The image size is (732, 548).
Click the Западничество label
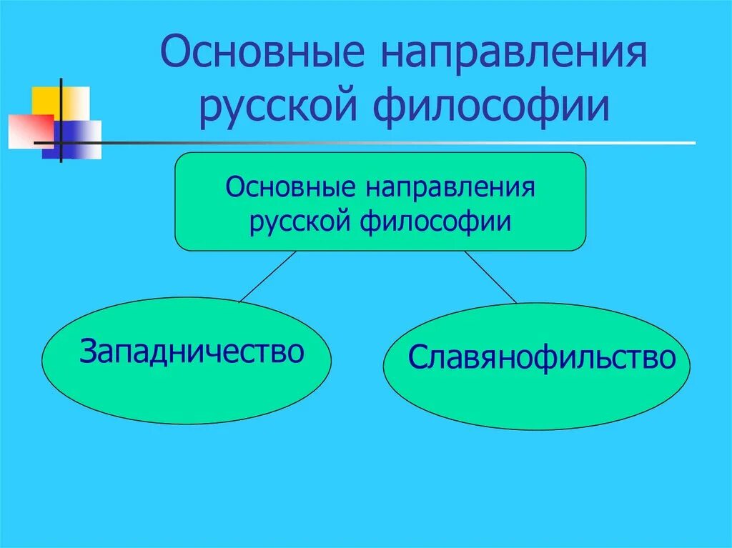click(192, 351)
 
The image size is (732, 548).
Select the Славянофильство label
click(542, 357)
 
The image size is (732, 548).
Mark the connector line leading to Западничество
click(268, 277)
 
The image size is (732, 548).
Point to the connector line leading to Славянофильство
click(490, 277)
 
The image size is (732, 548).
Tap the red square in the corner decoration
click(25, 131)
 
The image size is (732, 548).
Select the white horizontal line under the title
click(429, 143)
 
